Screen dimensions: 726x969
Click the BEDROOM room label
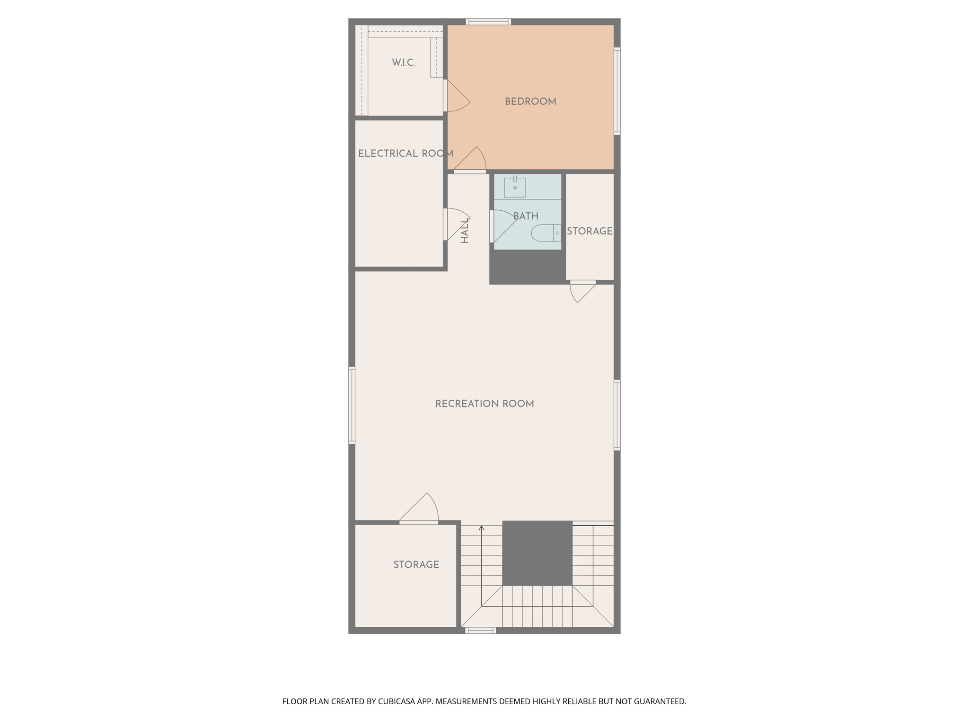[530, 102]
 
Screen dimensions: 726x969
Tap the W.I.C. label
[403, 62]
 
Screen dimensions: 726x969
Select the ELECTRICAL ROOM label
[405, 154]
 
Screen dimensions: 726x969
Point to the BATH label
[526, 216]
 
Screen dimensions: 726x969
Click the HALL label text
[465, 230]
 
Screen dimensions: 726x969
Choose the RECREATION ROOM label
[484, 404]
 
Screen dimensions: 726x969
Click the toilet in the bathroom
[546, 233]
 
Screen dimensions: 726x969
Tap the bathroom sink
[515, 187]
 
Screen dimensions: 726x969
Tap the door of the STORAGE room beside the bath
[582, 290]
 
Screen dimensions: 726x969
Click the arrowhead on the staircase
[481, 527]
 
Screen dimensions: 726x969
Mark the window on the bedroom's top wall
[488, 21]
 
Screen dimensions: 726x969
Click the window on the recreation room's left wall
[352, 405]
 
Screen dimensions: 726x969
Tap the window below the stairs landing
[480, 630]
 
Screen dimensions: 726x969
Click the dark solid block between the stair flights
[537, 553]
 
